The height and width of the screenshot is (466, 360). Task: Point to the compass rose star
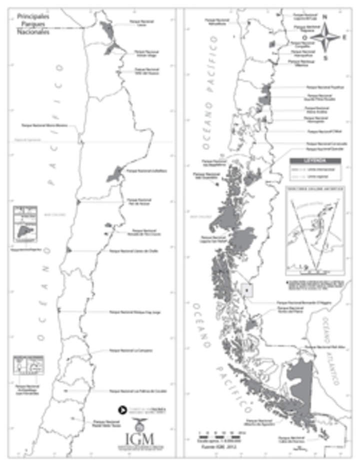tap(326, 37)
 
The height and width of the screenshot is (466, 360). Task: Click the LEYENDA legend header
tap(315, 161)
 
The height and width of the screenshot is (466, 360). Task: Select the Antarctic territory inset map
tap(314, 231)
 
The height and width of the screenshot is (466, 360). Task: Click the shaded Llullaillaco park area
tap(114, 174)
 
